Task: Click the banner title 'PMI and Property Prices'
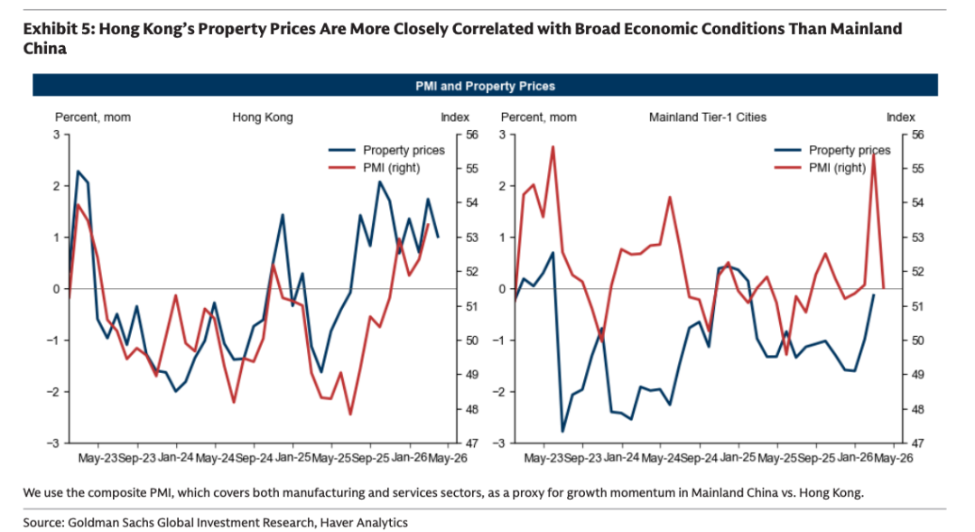(x=485, y=86)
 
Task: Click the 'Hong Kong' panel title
(x=263, y=117)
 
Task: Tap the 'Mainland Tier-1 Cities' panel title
(x=708, y=117)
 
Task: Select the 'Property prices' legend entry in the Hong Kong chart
(x=386, y=150)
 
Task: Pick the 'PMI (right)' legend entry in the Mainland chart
(x=820, y=167)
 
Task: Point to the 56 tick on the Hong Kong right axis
(x=472, y=135)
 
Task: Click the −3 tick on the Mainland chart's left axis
(x=498, y=443)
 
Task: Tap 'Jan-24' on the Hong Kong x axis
(x=176, y=457)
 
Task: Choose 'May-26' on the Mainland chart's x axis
(x=894, y=458)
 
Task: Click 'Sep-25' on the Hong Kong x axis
(x=371, y=458)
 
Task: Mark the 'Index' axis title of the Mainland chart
(x=900, y=117)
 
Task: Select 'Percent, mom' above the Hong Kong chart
(x=93, y=117)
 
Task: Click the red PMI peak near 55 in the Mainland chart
(x=874, y=155)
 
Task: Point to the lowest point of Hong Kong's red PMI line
(x=350, y=414)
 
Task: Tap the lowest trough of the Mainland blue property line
(x=562, y=431)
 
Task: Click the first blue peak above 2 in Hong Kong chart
(x=78, y=171)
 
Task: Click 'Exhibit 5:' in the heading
(x=58, y=29)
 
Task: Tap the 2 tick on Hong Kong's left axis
(x=57, y=186)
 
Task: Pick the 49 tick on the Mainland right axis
(x=918, y=375)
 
